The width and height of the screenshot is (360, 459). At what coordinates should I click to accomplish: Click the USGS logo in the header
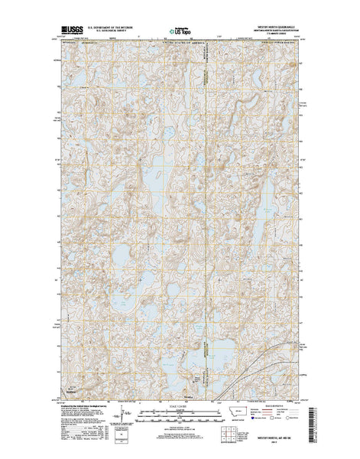click(x=70, y=29)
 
